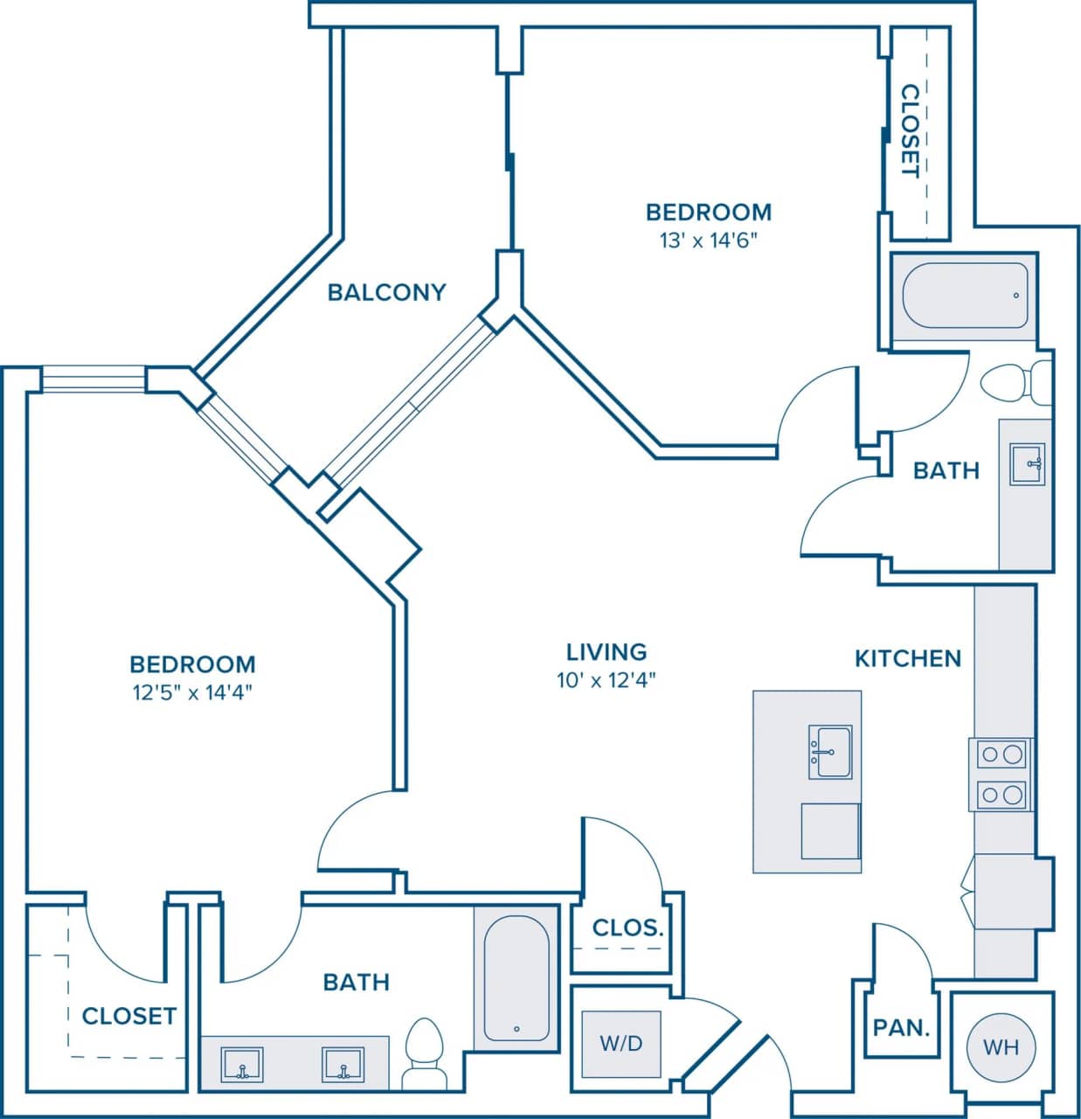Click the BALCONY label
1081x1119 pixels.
(386, 292)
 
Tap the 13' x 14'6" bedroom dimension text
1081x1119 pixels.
(708, 240)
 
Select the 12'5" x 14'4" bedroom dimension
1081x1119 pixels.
(192, 693)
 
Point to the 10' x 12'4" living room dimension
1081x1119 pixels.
(606, 680)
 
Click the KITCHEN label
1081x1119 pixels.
(907, 658)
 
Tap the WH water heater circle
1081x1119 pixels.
(1001, 1046)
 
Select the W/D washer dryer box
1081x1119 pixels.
(621, 1043)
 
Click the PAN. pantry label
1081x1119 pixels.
(901, 1027)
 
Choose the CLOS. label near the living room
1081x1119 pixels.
(627, 928)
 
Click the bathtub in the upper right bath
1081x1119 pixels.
(964, 295)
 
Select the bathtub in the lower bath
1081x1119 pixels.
(516, 977)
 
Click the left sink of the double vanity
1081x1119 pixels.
(241, 1065)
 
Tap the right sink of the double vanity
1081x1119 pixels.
(343, 1065)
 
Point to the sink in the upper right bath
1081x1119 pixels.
(1027, 463)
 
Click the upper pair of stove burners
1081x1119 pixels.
(1001, 754)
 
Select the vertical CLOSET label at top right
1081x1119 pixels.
(911, 130)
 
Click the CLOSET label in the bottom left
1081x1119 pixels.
(128, 1016)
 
